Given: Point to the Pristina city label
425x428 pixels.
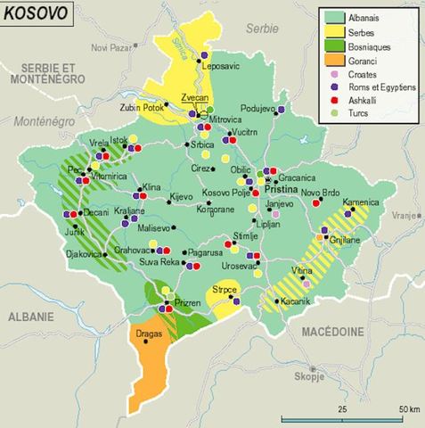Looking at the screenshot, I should click(283, 190).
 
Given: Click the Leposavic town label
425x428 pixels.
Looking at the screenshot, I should click(222, 66).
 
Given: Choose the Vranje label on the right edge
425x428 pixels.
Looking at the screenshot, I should click(404, 215).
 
